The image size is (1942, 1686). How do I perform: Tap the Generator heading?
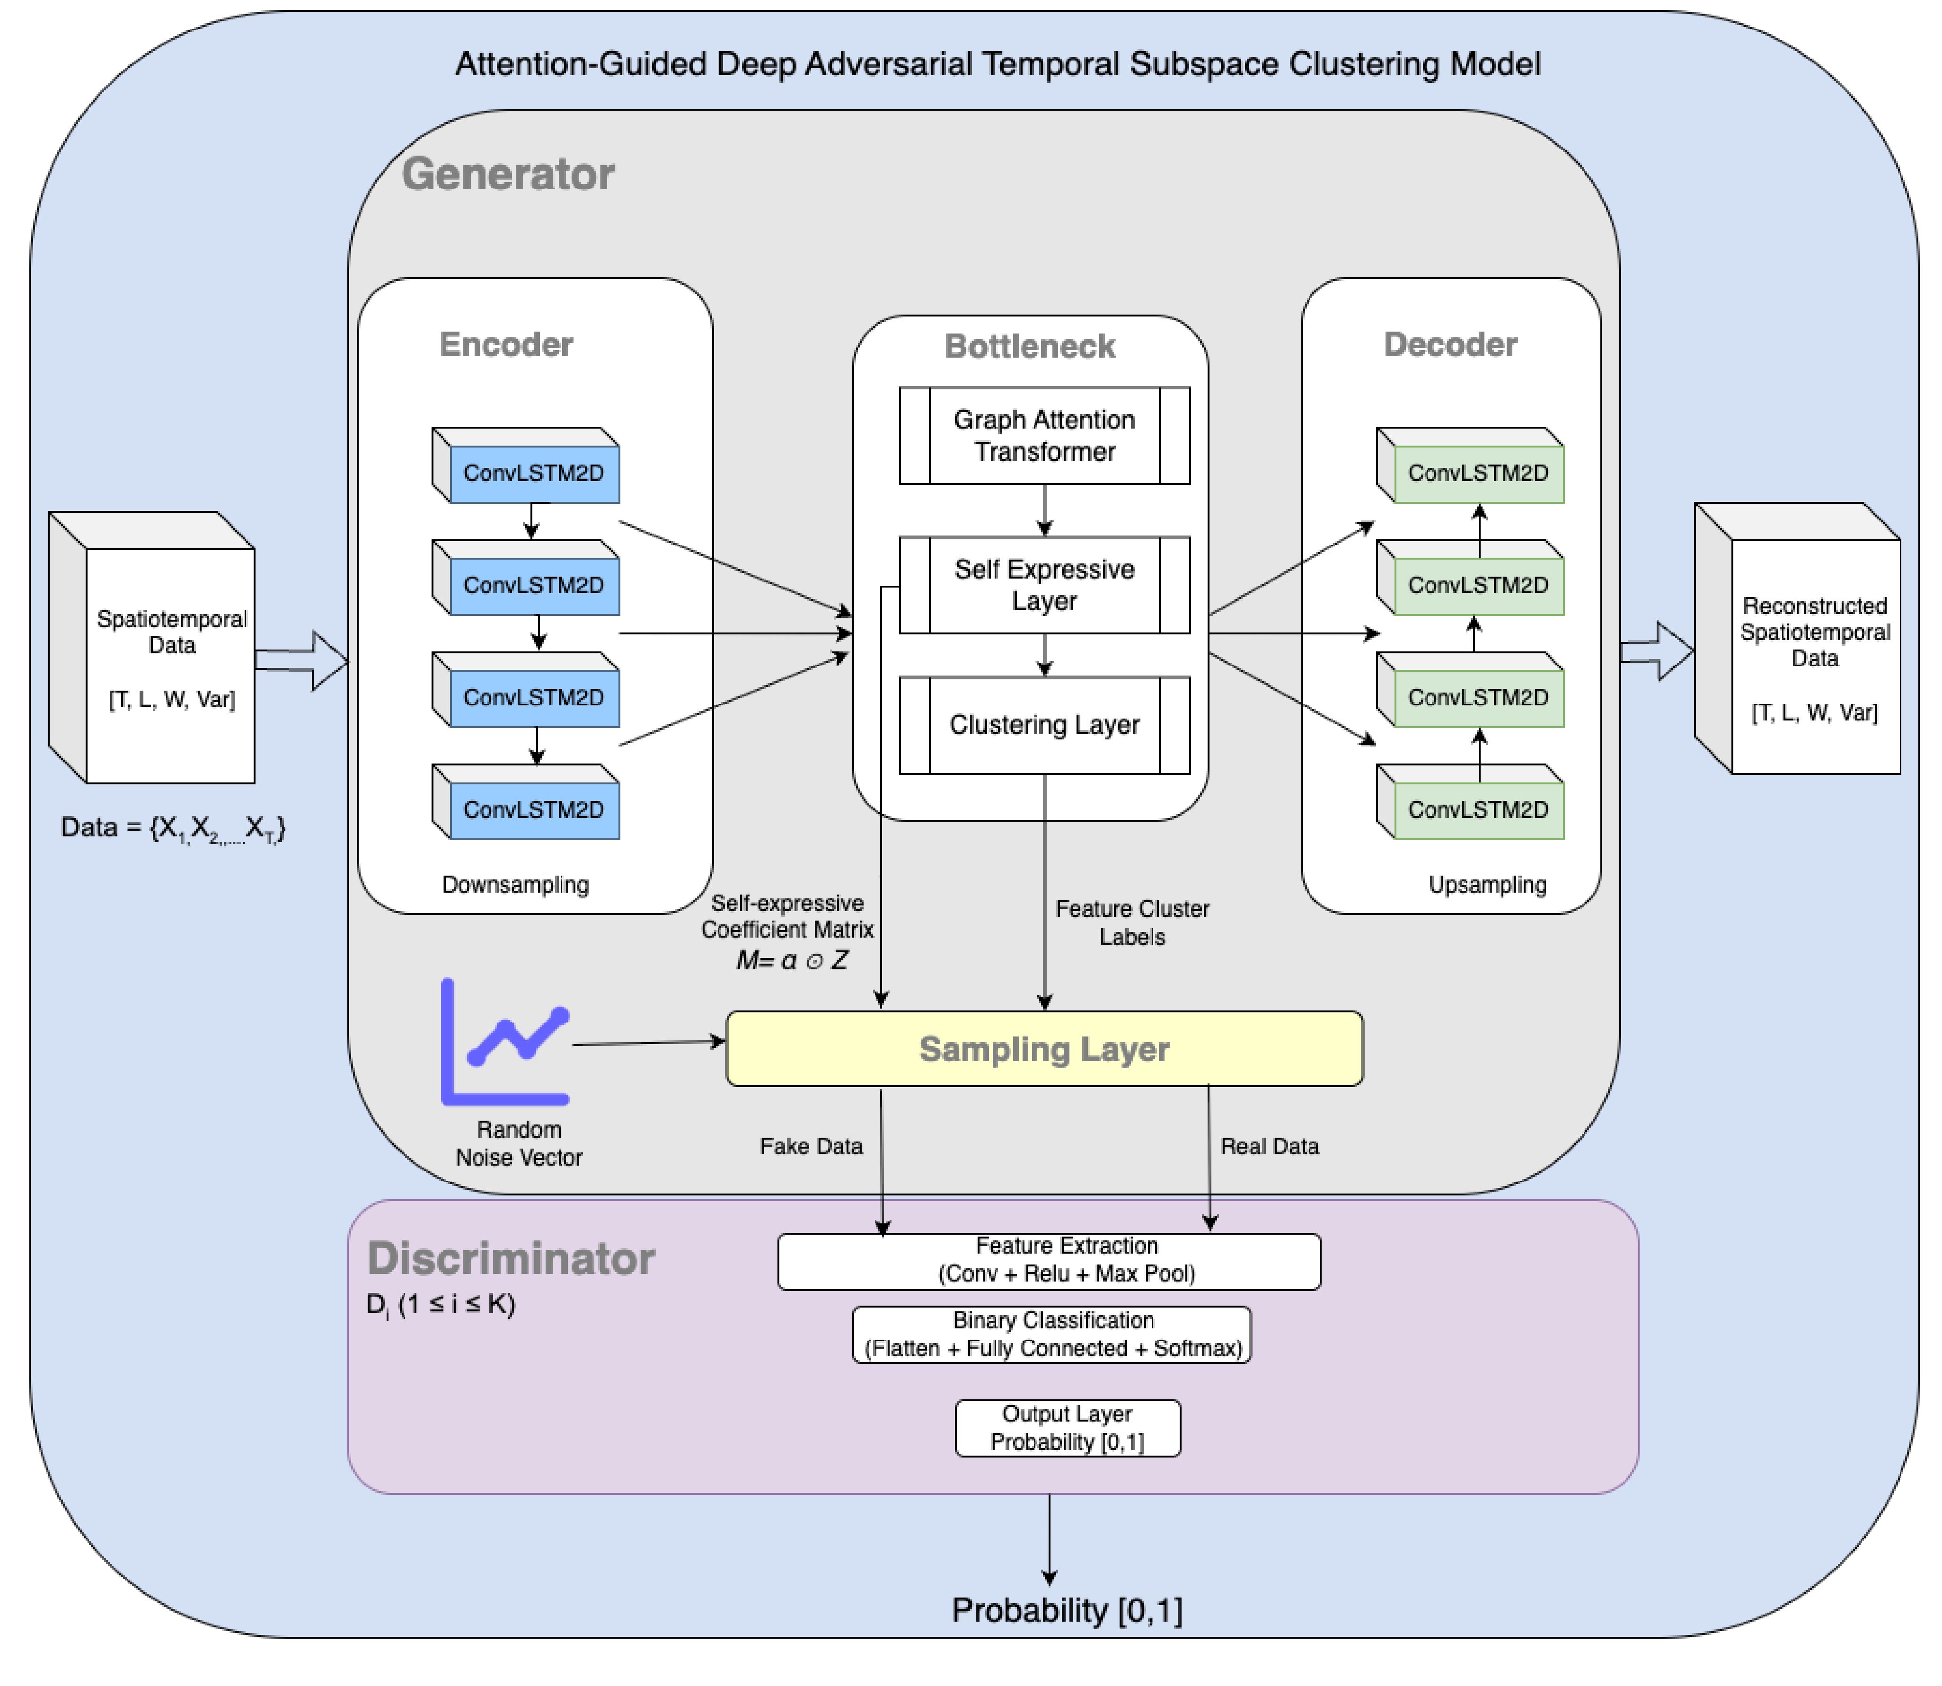tap(508, 174)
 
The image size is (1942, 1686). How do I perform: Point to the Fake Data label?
tap(811, 1146)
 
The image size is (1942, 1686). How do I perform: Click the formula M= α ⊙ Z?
tap(792, 961)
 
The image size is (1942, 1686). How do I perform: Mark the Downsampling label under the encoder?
tap(516, 885)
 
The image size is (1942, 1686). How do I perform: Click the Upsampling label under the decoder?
tap(1487, 885)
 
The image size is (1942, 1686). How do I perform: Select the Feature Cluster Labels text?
tap(1132, 922)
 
